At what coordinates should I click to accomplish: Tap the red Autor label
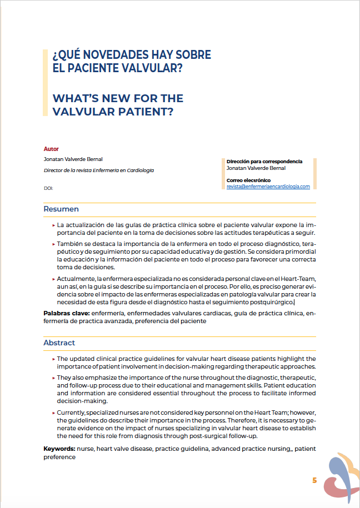[x=51, y=149]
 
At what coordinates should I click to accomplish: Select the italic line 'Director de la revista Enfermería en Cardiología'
[x=99, y=170]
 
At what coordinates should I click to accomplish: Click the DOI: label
[x=48, y=188]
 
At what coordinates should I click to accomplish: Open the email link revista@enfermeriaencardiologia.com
[x=268, y=187]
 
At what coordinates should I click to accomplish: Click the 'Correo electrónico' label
[x=248, y=180]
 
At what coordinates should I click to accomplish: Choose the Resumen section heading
[x=61, y=209]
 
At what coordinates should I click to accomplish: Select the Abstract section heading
[x=59, y=343]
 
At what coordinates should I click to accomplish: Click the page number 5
[x=314, y=481]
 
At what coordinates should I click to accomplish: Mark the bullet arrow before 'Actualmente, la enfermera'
[x=53, y=277]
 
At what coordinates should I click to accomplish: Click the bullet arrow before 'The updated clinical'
[x=53, y=359]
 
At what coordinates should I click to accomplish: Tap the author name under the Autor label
[x=73, y=159]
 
